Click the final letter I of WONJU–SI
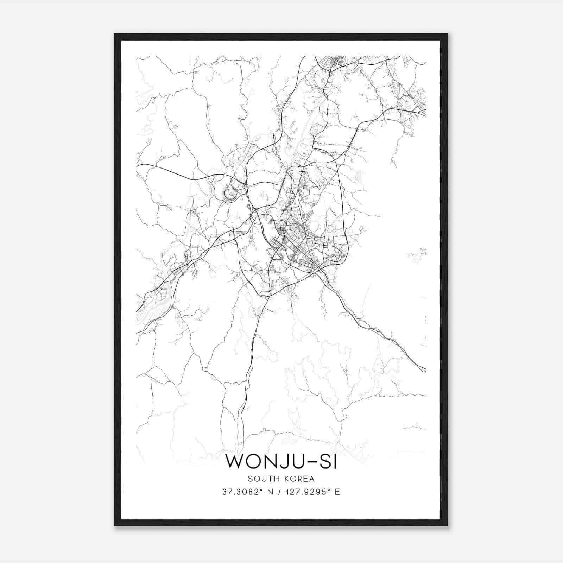(335, 461)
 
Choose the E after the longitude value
(337, 492)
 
